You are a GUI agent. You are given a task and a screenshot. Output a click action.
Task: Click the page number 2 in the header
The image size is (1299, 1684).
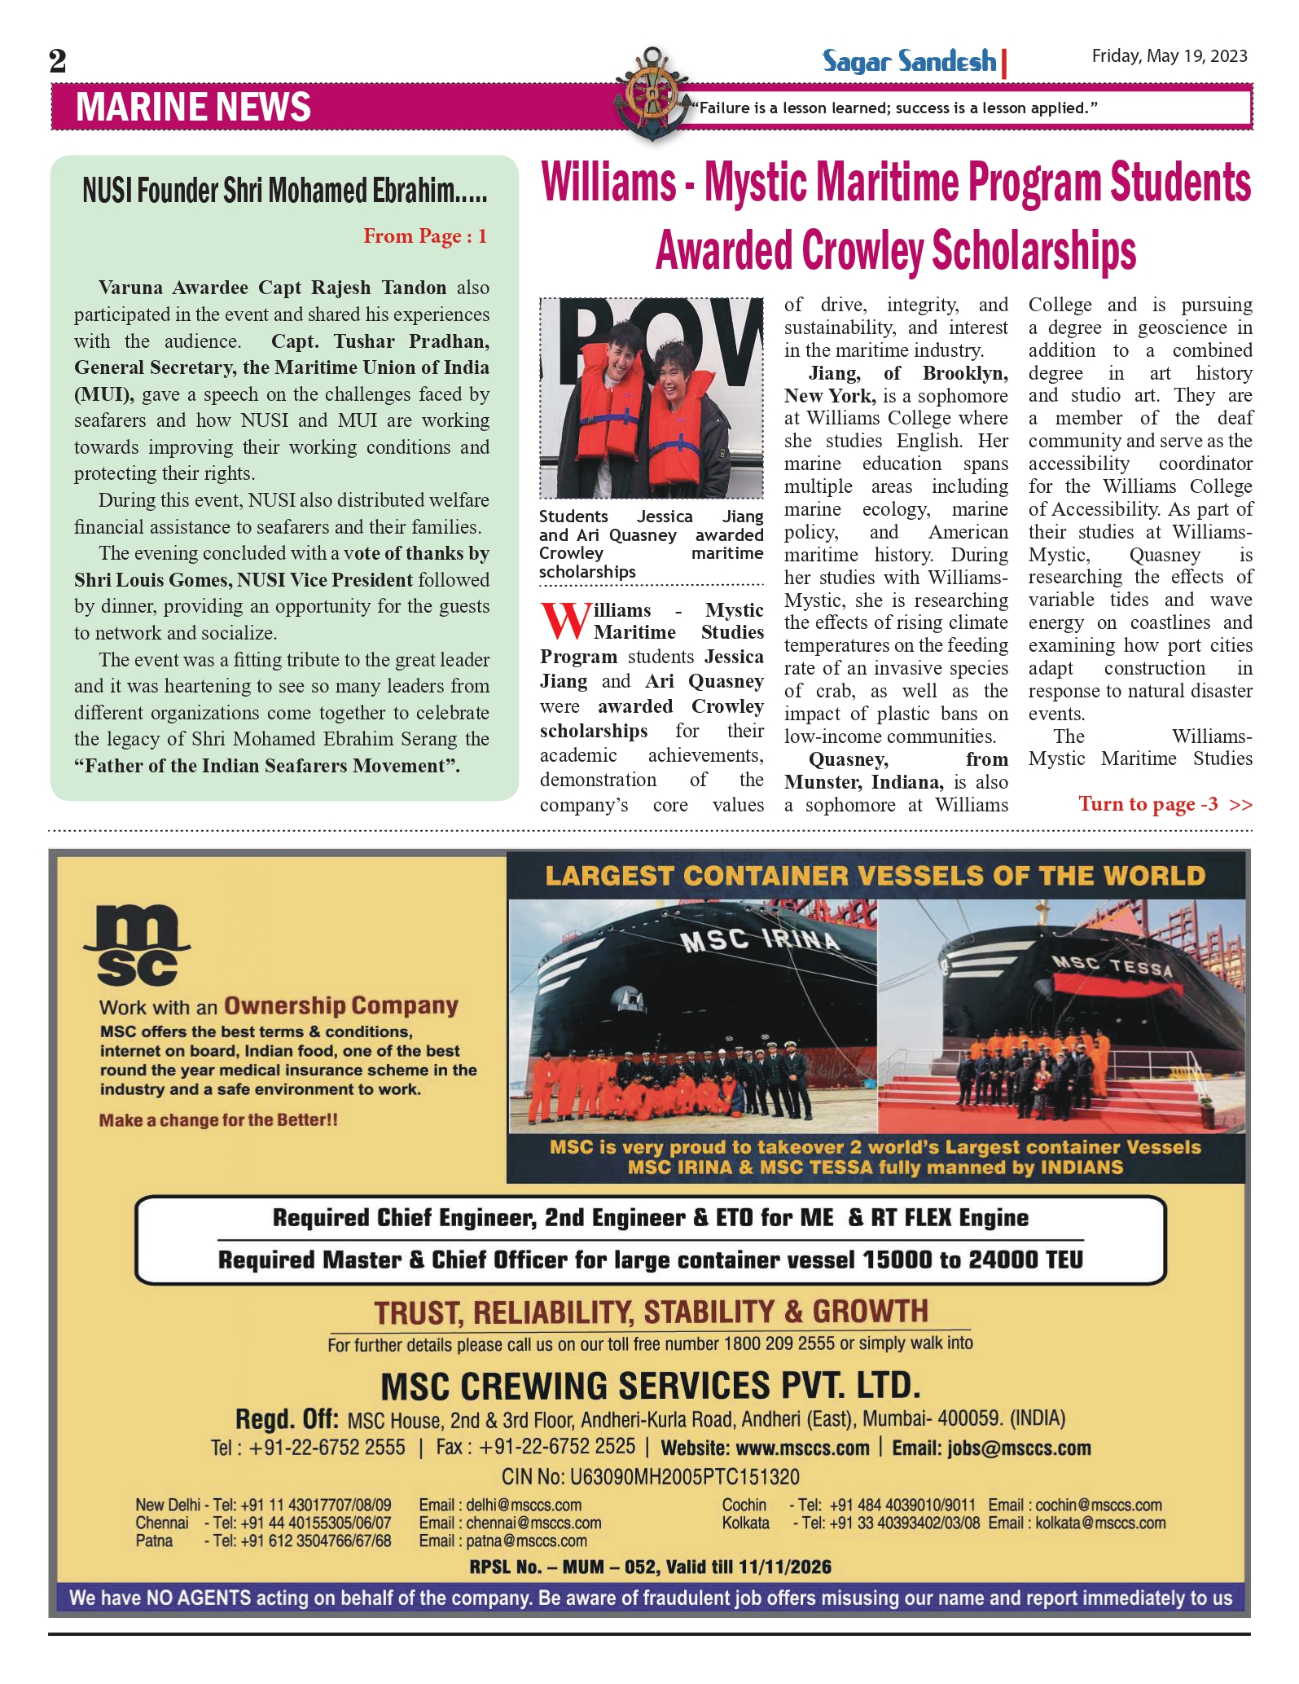[x=58, y=61]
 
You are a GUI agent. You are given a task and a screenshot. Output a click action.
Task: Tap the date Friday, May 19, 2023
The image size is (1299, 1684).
[x=1169, y=56]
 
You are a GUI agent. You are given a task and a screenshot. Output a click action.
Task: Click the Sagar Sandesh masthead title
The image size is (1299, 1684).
[x=909, y=61]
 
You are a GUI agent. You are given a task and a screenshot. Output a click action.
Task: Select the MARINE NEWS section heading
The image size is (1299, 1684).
[x=193, y=108]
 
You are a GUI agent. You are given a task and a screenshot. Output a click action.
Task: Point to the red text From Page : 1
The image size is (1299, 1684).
[x=424, y=236]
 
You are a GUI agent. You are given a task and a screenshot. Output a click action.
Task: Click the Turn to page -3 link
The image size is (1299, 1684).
[x=1165, y=804]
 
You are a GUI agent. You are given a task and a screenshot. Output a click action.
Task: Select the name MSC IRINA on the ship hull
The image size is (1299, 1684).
[x=759, y=940]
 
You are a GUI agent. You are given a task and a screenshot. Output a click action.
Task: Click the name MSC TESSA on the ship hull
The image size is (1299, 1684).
[x=1112, y=966]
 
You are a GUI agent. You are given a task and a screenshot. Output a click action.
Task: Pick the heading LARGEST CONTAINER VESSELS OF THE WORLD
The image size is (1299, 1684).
[x=875, y=876]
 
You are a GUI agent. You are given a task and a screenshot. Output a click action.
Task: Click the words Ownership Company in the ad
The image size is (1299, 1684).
[x=340, y=1006]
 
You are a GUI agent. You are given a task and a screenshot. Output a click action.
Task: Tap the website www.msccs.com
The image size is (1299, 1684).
[x=802, y=1448]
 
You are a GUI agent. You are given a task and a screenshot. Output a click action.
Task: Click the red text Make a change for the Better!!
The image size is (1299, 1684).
[x=218, y=1120]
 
